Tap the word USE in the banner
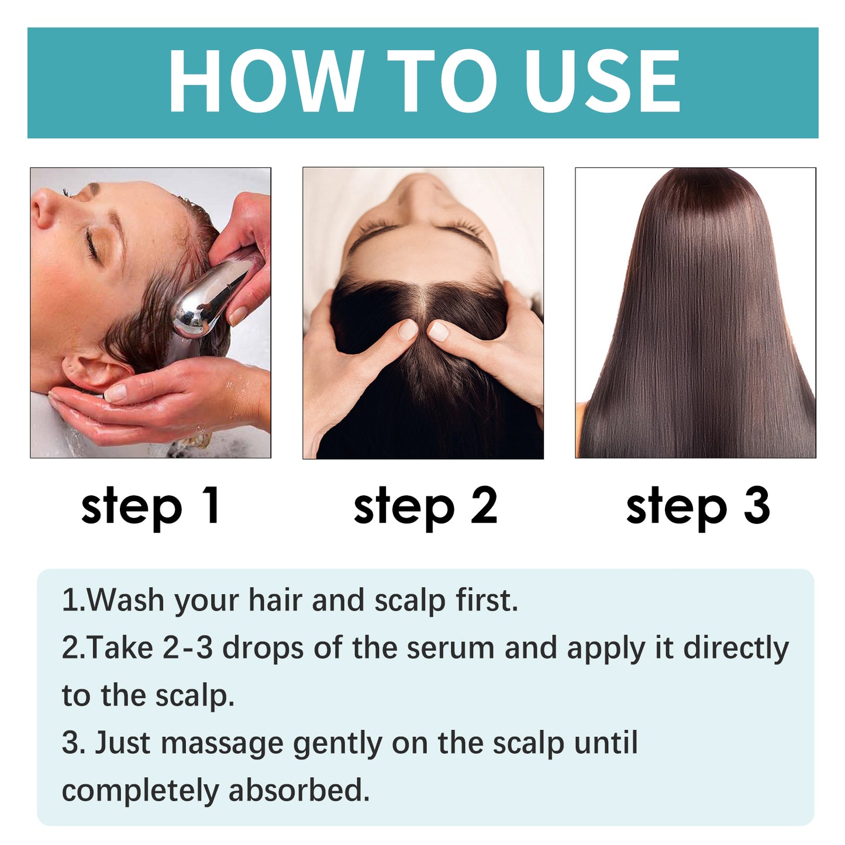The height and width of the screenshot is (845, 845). click(x=602, y=81)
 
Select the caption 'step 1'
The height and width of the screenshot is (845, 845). click(x=151, y=506)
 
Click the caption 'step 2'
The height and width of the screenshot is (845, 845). click(x=425, y=506)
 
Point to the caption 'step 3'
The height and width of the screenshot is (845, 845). click(x=698, y=506)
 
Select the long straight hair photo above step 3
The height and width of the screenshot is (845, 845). click(x=696, y=313)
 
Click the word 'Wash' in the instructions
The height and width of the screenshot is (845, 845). click(x=125, y=601)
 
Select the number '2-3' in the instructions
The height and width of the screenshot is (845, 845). click(x=188, y=648)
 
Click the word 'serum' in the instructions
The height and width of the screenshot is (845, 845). click(x=451, y=648)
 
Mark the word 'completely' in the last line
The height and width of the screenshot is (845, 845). click(x=140, y=791)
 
